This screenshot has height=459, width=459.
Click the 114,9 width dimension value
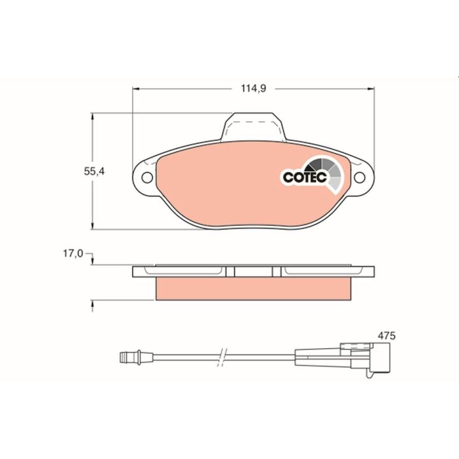pos(253,88)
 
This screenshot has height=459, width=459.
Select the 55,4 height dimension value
pos(94,171)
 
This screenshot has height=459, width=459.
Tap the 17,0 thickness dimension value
pos(73,254)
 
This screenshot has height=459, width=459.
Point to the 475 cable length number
pos(386,336)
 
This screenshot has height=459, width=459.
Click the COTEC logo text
pos(305,177)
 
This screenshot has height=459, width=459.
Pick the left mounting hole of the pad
pos(147,177)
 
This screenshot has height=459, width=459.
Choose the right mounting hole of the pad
pos(360,177)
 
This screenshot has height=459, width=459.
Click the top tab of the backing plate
pos(254,126)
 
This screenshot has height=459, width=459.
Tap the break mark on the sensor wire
pos(222,358)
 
